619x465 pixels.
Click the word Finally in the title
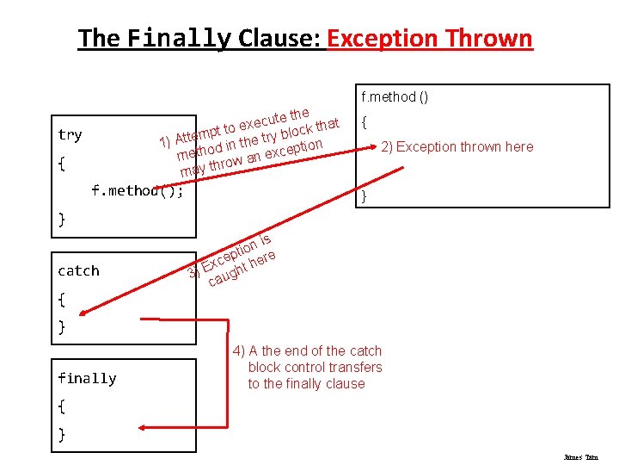(x=179, y=39)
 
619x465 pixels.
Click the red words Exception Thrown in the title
(x=430, y=39)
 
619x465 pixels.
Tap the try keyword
(x=70, y=134)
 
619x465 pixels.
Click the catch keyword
(x=78, y=270)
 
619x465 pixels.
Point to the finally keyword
(x=87, y=378)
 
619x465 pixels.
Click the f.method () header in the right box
(x=395, y=96)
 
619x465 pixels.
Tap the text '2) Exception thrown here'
(x=457, y=146)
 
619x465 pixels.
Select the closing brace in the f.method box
(x=365, y=196)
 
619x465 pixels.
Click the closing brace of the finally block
(x=61, y=434)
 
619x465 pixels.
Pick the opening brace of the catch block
(x=61, y=300)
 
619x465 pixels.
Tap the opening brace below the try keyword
(x=61, y=163)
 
